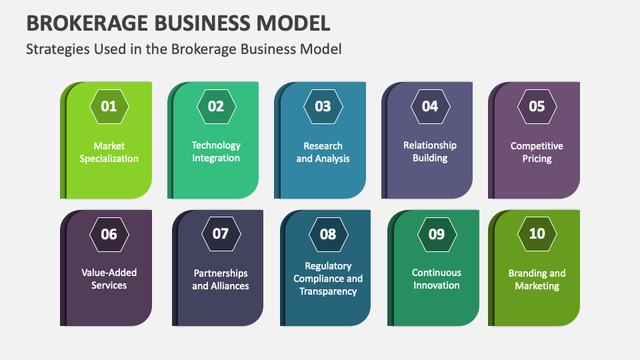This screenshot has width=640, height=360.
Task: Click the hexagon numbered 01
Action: pos(109,106)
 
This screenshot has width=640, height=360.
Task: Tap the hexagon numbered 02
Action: pos(216,106)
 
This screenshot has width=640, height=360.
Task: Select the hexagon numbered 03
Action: pos(323,106)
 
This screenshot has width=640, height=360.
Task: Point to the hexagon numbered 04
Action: pos(430,106)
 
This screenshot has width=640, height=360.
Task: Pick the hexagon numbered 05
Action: pos(537,106)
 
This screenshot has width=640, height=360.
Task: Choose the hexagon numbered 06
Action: pos(109,234)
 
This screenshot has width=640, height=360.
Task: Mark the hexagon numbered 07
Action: pos(221,234)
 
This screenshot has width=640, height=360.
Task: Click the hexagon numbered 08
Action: pos(328,234)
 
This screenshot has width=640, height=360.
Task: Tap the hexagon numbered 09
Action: pos(436,234)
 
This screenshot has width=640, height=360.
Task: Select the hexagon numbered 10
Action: pos(537,234)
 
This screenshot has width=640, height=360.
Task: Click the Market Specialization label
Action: pos(109,152)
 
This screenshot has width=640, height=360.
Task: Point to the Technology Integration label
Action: pos(216,151)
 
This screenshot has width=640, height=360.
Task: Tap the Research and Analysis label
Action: pos(323,152)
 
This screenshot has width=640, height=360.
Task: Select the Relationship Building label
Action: pos(430,151)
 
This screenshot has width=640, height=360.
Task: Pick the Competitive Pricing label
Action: pos(537,152)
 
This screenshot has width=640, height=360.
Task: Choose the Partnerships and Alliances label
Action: pos(221,279)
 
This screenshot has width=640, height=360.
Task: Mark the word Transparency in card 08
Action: pos(328,291)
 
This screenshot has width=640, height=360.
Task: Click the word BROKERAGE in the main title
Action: pos(85,23)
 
